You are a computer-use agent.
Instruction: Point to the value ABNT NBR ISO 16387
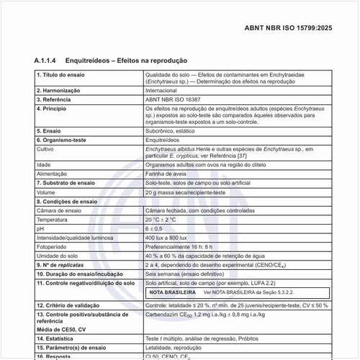pos(173,99)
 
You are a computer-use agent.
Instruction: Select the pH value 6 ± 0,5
pos(154,228)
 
